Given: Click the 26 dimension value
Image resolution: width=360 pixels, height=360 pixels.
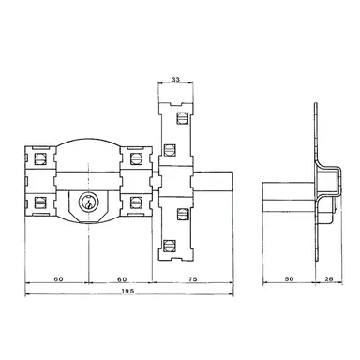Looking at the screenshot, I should click(330, 278).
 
